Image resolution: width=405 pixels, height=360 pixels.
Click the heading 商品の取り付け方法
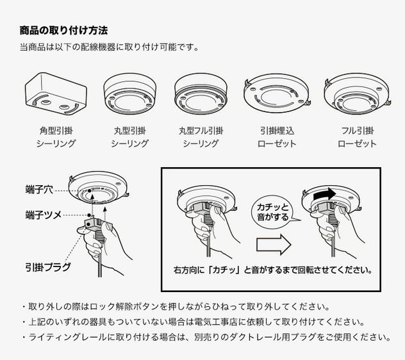tap(63, 30)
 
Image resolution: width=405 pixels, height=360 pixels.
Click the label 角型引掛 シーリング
tap(56, 137)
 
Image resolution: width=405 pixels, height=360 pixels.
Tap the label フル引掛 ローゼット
tap(357, 137)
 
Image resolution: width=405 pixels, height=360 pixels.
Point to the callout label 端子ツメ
tap(44, 215)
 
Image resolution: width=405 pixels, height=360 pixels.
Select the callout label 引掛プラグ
tap(48, 266)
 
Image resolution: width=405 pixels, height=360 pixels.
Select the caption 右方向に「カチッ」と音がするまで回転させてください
tap(272, 270)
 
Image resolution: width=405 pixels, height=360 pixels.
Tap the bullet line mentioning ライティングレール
tap(206, 337)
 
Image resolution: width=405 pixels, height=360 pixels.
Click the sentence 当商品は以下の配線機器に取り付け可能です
tap(109, 47)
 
